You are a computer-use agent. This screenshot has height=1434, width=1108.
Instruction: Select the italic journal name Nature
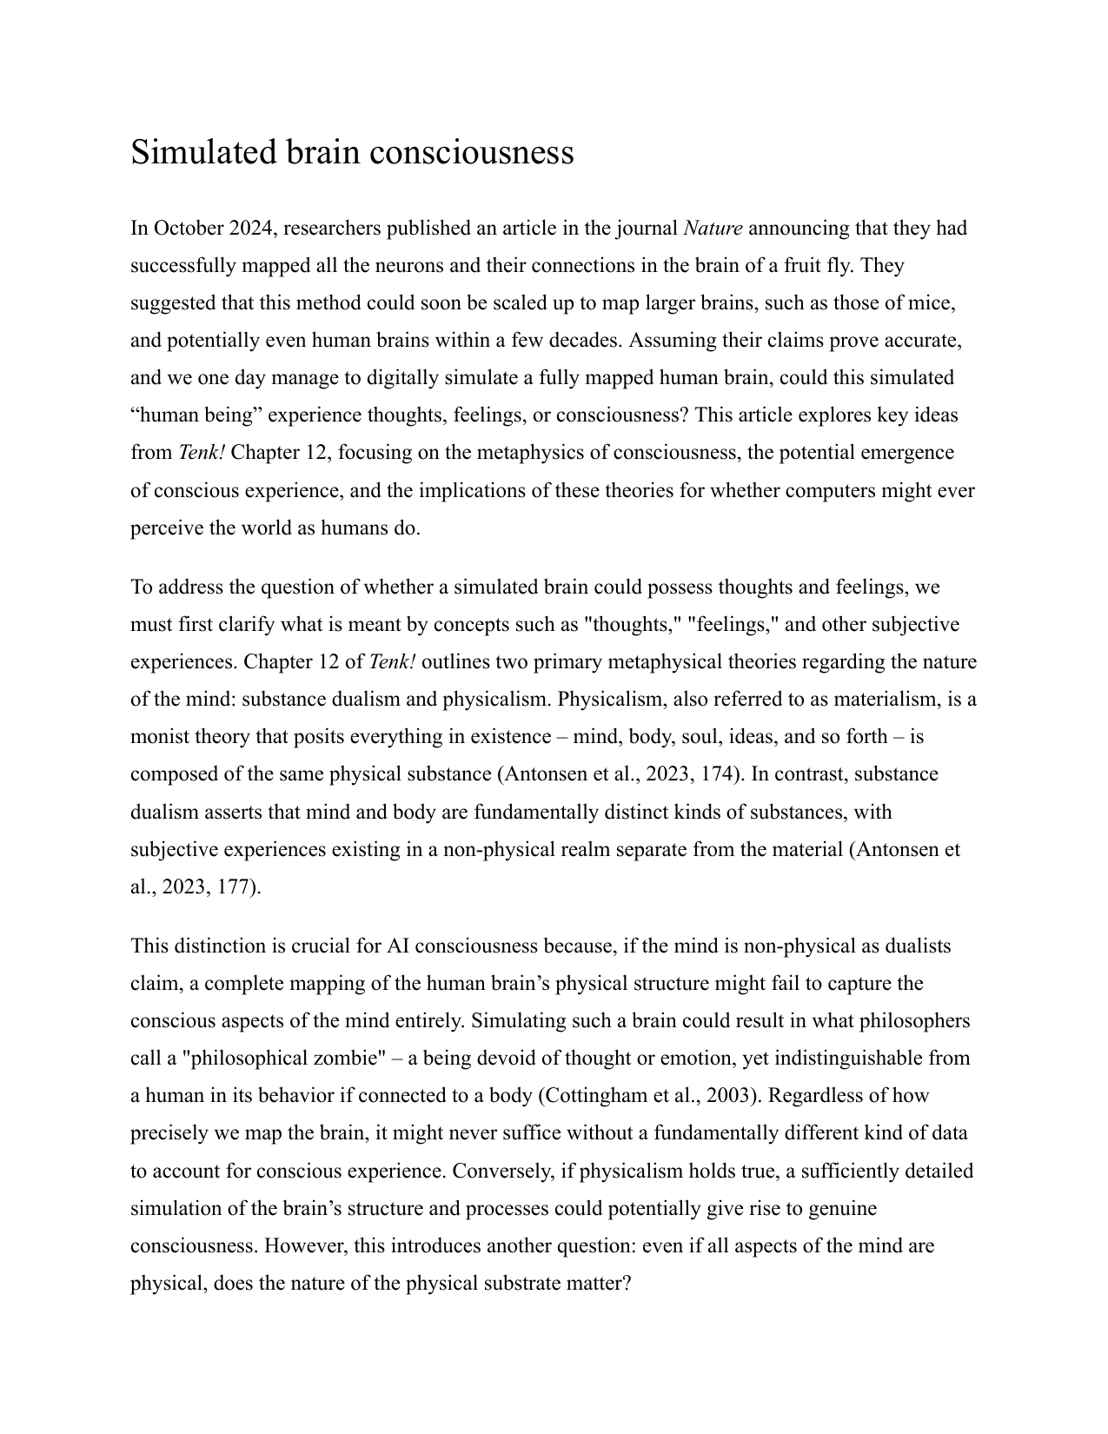tap(713, 229)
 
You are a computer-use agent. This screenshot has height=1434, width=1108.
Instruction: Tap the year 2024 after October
tap(252, 229)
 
